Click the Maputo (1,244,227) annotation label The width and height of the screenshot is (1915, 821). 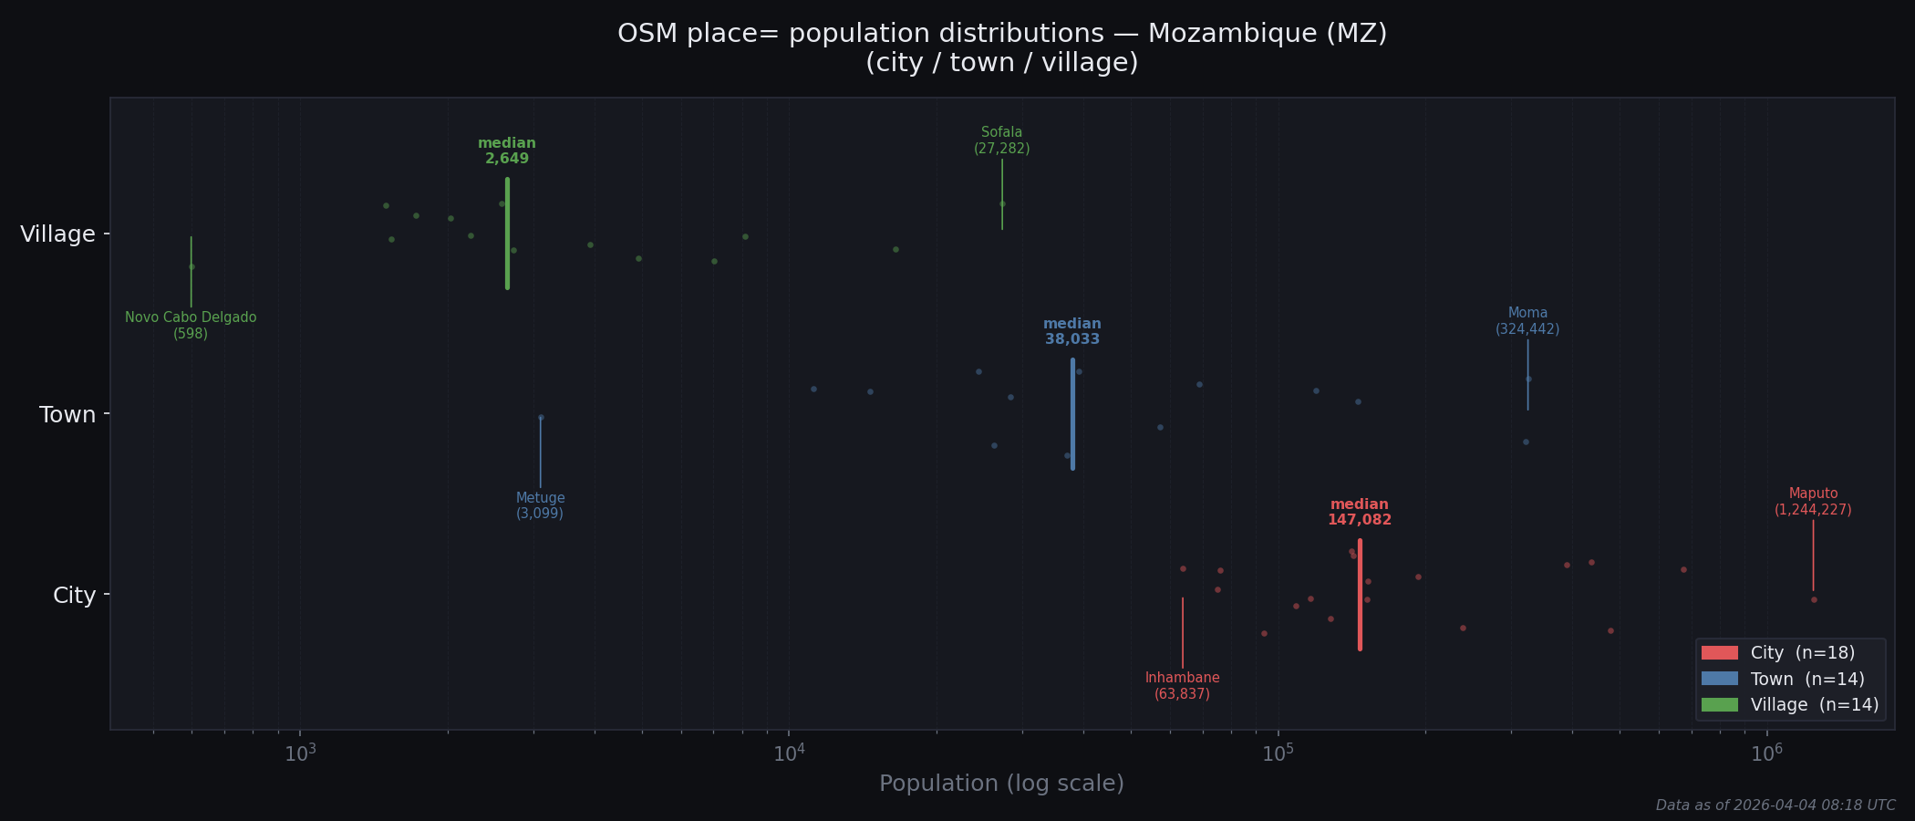point(1813,502)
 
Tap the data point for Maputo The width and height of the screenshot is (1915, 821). point(1814,599)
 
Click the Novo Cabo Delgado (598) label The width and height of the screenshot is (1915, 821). point(191,326)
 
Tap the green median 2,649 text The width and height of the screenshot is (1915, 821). point(507,151)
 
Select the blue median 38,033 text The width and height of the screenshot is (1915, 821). point(1072,331)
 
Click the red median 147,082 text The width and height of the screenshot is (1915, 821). point(1360,512)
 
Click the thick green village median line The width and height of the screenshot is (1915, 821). point(507,234)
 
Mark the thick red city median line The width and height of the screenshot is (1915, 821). point(1360,595)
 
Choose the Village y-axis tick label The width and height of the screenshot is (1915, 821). point(57,234)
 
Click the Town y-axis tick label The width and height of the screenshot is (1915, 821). point(67,415)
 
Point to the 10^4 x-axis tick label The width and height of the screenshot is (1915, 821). point(789,753)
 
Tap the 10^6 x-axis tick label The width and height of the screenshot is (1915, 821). point(1766,753)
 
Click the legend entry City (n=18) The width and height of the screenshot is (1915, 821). point(1802,653)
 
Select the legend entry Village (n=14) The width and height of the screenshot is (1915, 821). point(1814,705)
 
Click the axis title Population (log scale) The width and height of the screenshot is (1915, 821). point(1001,784)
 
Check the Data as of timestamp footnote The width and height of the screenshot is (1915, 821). point(1775,805)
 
